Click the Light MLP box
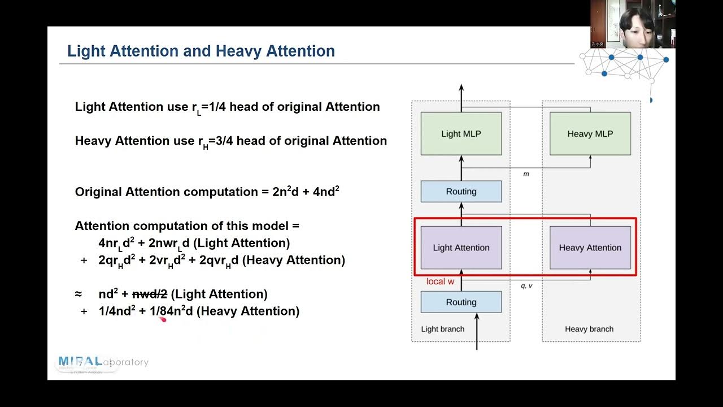coord(461,134)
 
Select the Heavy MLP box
coord(590,134)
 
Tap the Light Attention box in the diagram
coord(461,248)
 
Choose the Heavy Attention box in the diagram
coord(590,248)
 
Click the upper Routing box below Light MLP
coord(461,192)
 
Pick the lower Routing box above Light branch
coord(461,302)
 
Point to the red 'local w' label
coord(440,282)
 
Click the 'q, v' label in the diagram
coord(526,286)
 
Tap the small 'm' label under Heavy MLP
coord(526,174)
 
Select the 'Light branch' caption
coord(443,329)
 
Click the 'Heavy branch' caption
coord(589,329)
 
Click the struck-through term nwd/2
coord(150,294)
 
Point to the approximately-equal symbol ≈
coord(79,294)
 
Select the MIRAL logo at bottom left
coord(81,362)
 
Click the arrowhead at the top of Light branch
coord(461,88)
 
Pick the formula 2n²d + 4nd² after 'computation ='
coord(306,192)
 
